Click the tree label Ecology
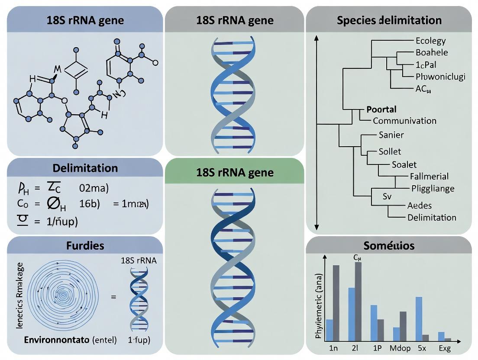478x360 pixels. pyautogui.click(x=430, y=41)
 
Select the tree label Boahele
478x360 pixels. pyautogui.click(x=432, y=52)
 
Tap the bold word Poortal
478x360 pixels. pyautogui.click(x=381, y=109)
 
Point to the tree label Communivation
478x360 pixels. pyautogui.click(x=404, y=121)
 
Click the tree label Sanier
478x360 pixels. pyautogui.click(x=391, y=135)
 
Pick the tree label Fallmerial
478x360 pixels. pyautogui.click(x=429, y=176)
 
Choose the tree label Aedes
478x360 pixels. pyautogui.click(x=420, y=206)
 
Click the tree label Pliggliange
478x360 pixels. pyautogui.click(x=433, y=188)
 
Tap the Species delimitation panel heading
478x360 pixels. pyautogui.click(x=389, y=20)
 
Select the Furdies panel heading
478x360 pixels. pyautogui.click(x=85, y=245)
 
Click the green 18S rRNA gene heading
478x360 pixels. pyautogui.click(x=235, y=172)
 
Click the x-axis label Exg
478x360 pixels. pyautogui.click(x=444, y=348)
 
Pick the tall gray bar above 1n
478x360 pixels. pyautogui.click(x=336, y=302)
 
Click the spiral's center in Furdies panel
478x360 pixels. pyautogui.click(x=63, y=296)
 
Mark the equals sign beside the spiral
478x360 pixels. pyautogui.click(x=113, y=297)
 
